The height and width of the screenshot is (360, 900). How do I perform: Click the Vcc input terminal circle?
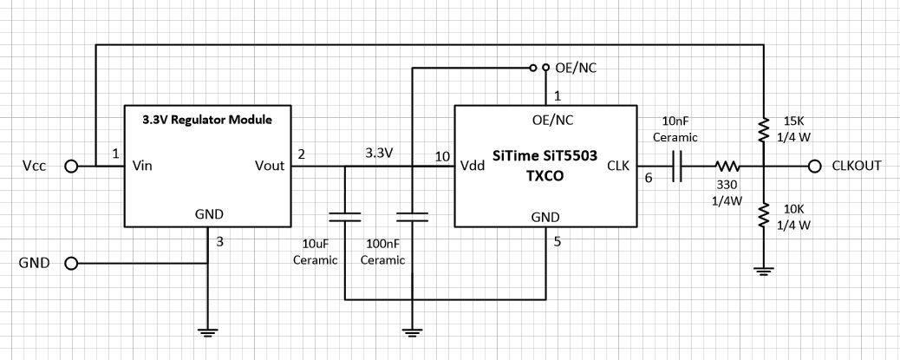click(72, 166)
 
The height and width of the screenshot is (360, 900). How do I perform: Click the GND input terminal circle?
click(72, 263)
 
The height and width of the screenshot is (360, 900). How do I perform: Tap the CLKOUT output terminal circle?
click(813, 166)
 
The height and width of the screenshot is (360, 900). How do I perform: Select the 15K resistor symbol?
click(764, 130)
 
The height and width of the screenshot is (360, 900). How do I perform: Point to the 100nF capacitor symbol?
click(412, 214)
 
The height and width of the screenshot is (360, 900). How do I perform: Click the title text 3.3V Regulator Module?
click(205, 120)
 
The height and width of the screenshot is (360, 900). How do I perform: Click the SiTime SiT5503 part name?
click(545, 154)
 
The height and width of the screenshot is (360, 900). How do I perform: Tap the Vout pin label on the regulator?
click(270, 166)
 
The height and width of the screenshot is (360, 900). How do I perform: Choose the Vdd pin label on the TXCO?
click(473, 166)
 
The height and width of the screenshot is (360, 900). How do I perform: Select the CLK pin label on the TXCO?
click(618, 166)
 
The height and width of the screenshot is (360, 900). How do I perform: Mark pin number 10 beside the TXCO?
click(442, 156)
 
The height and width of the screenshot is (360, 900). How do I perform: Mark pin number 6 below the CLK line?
click(646, 179)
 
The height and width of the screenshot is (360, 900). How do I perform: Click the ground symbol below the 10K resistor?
click(764, 272)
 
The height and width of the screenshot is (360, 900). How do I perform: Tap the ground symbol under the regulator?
click(207, 331)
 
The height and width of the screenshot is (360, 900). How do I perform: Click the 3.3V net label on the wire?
click(379, 154)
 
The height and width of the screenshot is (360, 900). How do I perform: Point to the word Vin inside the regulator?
click(144, 166)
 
